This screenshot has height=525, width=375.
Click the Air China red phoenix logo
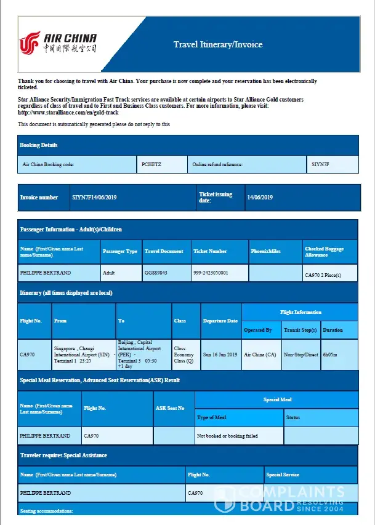tap(30, 43)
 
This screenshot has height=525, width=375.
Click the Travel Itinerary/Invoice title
tap(217, 44)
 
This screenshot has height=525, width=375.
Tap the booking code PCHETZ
tap(151, 164)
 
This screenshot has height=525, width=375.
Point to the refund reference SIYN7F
tap(321, 164)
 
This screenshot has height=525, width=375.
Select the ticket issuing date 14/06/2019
tap(260, 198)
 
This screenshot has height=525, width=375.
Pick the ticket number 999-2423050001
tap(211, 272)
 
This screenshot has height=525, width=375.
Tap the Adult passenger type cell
tap(110, 272)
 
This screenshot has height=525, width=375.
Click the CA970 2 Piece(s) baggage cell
tap(323, 275)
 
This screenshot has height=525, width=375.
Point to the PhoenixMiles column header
tap(266, 251)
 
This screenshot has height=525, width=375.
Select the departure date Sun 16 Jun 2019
tap(220, 355)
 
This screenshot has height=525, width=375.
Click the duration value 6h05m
tap(331, 355)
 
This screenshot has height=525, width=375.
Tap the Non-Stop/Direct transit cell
tap(300, 355)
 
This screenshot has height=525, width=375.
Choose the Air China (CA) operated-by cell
tap(260, 355)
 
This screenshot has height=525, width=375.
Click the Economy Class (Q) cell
tap(185, 355)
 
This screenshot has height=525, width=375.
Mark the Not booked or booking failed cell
tap(227, 436)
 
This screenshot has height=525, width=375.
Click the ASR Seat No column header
tap(169, 408)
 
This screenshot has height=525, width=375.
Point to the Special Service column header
tap(283, 475)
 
